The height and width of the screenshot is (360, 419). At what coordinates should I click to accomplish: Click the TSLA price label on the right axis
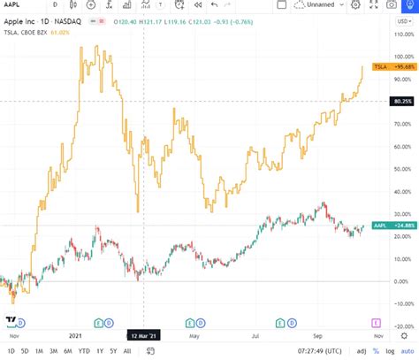[x=389, y=67]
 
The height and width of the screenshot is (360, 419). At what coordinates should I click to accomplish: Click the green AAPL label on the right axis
[x=389, y=226]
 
